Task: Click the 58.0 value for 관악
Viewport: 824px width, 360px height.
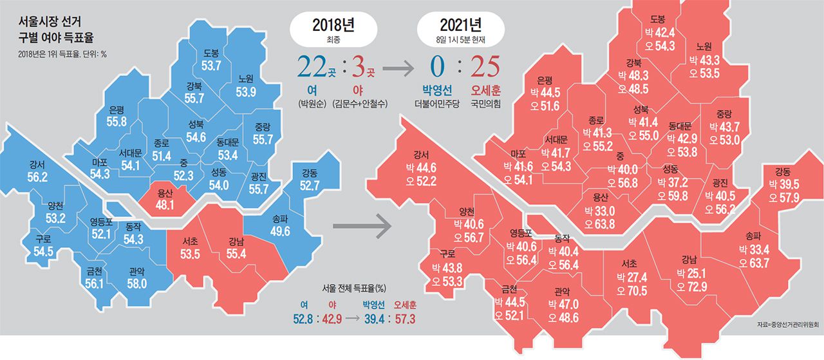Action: click(136, 283)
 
